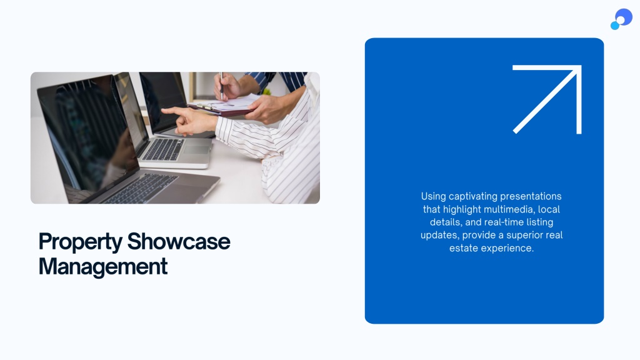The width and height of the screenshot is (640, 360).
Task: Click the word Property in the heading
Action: pos(80,242)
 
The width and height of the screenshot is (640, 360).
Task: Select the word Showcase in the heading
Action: pos(179,241)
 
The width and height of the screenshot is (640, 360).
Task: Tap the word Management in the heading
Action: pos(103,267)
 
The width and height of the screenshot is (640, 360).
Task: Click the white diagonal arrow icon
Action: pos(547,99)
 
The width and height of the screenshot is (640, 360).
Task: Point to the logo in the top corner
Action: pos(621,19)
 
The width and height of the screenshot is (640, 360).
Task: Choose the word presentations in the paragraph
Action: pos(531,196)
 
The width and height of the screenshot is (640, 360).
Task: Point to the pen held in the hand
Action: pos(221,86)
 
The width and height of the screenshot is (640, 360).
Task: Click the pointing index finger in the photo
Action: pos(176,111)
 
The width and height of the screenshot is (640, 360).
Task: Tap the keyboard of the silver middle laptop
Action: pos(164,149)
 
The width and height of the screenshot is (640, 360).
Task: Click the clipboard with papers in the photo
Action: pos(224,105)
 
